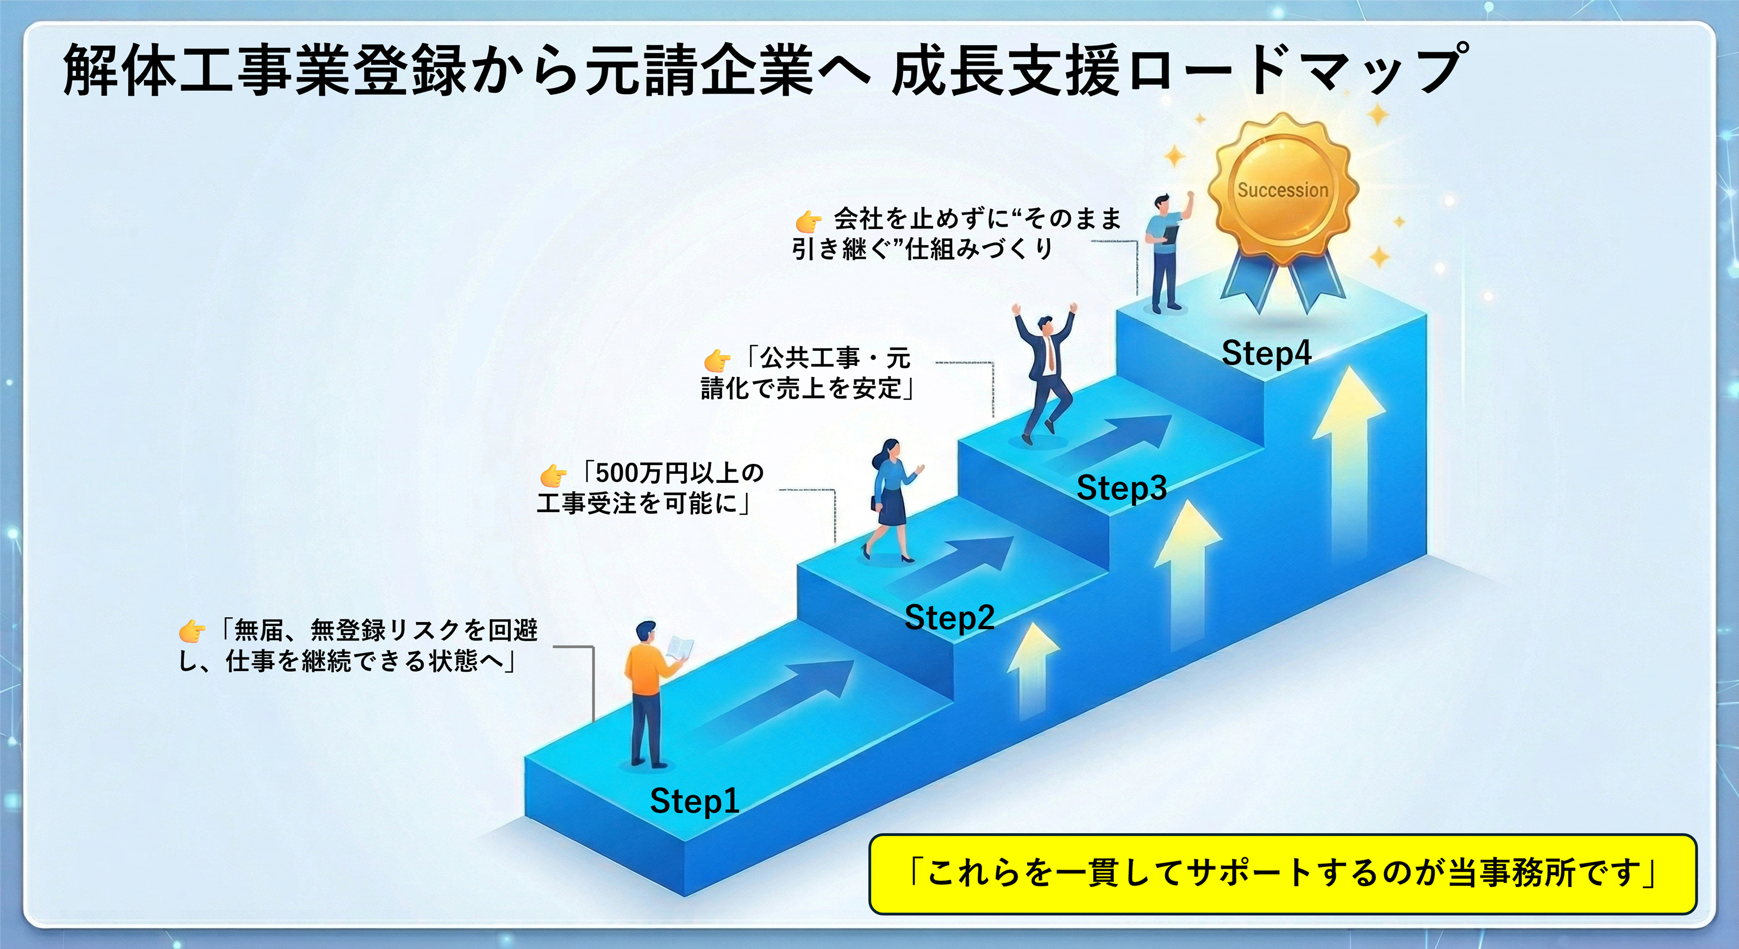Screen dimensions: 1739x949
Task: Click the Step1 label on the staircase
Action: click(695, 802)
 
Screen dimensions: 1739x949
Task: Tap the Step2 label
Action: click(949, 617)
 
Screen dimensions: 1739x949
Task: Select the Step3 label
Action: click(1121, 488)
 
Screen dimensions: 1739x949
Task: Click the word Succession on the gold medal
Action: click(1283, 190)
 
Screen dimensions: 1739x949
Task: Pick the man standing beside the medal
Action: click(1167, 253)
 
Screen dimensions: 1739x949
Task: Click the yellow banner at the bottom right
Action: click(1282, 874)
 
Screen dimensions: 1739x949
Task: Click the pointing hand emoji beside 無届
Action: click(192, 631)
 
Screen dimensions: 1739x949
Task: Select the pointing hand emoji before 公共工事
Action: click(717, 360)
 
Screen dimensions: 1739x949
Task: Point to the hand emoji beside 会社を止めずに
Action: click(808, 220)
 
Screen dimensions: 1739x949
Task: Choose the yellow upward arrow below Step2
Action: click(1033, 669)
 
